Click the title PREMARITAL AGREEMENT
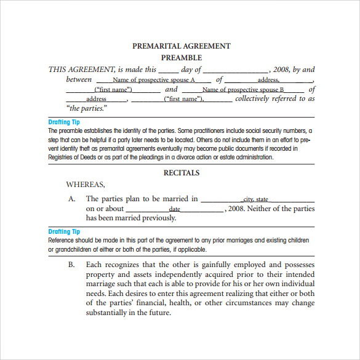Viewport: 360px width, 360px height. coord(182,46)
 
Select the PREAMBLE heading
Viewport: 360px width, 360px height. coord(182,58)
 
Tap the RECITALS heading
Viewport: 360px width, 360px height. coord(182,174)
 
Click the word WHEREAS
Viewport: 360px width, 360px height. coord(86,184)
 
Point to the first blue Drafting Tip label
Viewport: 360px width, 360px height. coord(64,122)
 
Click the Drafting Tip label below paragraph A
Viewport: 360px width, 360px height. coord(64,232)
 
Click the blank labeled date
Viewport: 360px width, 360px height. coord(175,209)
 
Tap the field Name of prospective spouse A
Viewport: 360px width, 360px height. coord(154,80)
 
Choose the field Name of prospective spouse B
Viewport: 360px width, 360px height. coord(244,90)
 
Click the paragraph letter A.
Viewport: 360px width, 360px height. coord(71,199)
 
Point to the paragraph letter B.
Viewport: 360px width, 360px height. coord(71,265)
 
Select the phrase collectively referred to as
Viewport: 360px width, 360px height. coord(274,98)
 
